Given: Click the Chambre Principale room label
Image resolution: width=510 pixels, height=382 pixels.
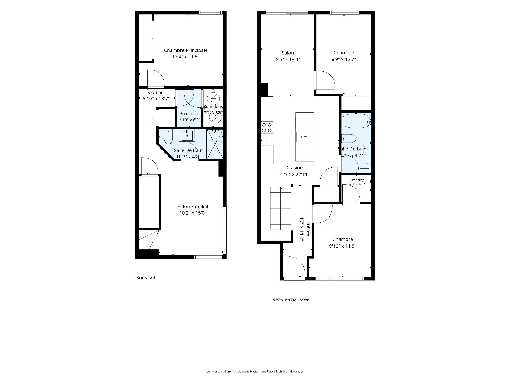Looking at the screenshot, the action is pos(186,50).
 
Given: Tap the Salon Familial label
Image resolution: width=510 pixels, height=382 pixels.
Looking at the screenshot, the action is pos(193,207).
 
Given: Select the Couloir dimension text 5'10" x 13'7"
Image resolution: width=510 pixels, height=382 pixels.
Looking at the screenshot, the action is pos(156,99).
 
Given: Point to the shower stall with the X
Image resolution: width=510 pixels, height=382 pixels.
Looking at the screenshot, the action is pos(215,144).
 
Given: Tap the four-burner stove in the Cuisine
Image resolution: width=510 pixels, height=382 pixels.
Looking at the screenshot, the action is pos(267,127).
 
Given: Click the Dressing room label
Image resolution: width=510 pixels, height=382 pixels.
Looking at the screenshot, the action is pos(357,180).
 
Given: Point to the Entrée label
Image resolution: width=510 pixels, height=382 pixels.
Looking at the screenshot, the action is pos(308,229).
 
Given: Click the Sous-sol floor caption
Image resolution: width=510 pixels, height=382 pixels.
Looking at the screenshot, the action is pos(146,278).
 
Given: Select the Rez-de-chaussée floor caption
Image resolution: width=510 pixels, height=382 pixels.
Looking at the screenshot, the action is pos(291,299).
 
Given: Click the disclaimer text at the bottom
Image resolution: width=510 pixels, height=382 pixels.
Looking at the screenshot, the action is pos(255,371).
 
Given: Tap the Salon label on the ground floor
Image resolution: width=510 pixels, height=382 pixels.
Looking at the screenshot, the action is pos(288,53).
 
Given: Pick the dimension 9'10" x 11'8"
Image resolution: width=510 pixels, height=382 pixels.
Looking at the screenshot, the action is pos(343,246).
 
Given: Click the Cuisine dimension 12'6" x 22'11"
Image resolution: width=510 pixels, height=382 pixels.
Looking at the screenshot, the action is pos(295,175).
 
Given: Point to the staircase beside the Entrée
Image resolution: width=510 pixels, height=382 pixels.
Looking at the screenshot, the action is pos(281,209).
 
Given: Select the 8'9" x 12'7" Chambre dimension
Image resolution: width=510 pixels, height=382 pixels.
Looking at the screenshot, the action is pos(344,59).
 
